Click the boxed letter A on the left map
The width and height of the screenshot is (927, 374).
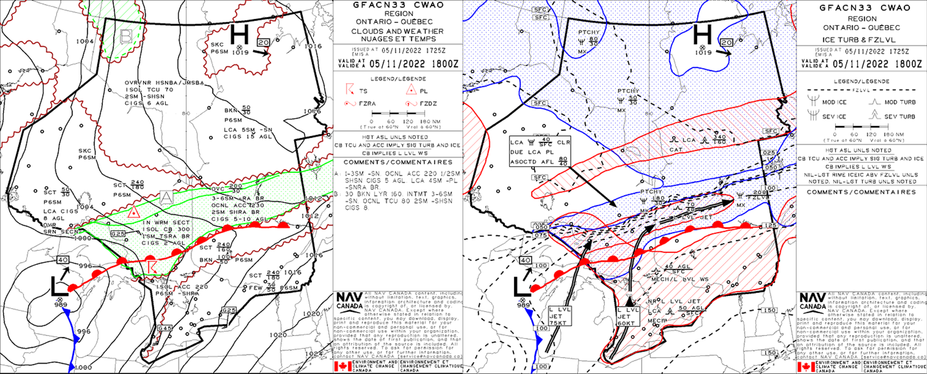pos(166,197)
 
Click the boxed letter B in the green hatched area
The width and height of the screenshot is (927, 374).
pos(126,36)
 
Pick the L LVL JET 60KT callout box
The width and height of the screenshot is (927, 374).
pos(628,316)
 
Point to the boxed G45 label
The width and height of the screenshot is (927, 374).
pos(165,328)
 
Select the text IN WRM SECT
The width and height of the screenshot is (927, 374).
pos(166,223)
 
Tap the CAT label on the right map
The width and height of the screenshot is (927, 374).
pos(676,150)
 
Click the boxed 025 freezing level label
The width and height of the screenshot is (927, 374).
pos(768,153)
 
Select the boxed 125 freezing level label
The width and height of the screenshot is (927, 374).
pos(771,226)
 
